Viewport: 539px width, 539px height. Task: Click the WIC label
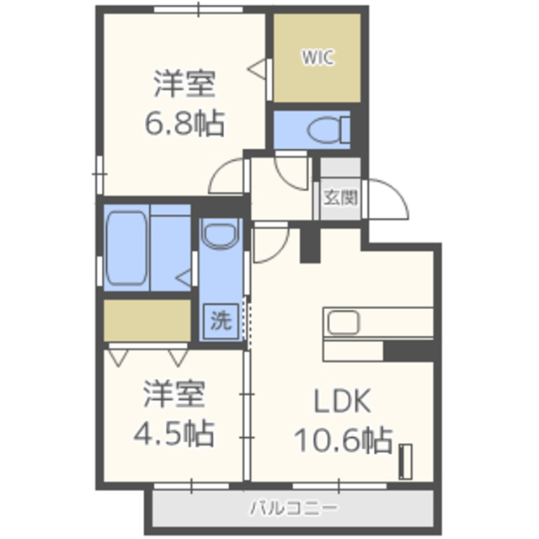click(x=318, y=57)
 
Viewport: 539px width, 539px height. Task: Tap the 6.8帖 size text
click(x=185, y=123)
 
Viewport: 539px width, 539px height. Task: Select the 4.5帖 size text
click(x=174, y=433)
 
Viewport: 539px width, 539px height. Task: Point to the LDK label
click(x=343, y=401)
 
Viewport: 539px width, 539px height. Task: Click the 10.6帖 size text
click(x=344, y=440)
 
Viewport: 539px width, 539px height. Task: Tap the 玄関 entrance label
click(x=340, y=198)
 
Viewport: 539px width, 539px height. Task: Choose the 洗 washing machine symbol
click(x=221, y=321)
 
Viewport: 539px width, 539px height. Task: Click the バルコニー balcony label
click(x=293, y=508)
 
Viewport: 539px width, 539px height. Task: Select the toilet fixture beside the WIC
click(x=328, y=130)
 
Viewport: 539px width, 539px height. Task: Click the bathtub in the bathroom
click(x=126, y=248)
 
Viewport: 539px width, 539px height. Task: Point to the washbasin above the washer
click(x=221, y=234)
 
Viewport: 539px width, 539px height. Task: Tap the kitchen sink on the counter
click(x=344, y=322)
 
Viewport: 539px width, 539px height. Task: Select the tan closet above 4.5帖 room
click(x=147, y=320)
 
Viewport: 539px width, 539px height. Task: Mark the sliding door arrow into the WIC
click(x=256, y=69)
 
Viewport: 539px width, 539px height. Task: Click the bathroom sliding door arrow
click(x=184, y=278)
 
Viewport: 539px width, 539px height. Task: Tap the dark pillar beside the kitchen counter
click(x=408, y=351)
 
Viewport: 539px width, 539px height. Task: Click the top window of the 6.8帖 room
click(x=199, y=9)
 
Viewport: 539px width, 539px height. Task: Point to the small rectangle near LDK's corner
click(x=405, y=462)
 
